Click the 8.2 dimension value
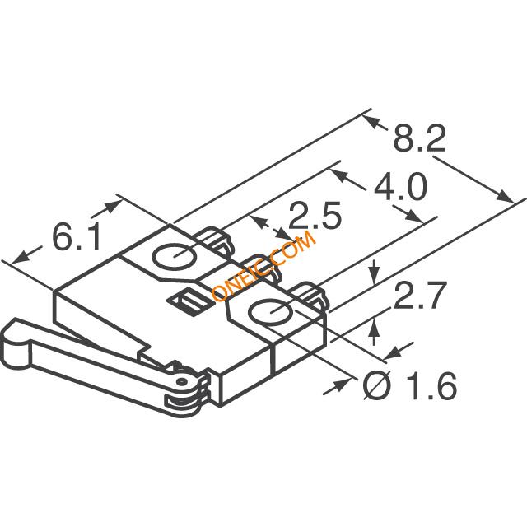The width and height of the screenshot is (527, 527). [x=419, y=138]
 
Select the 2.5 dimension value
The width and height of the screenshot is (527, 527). [x=315, y=216]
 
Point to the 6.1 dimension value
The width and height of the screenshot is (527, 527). [x=77, y=237]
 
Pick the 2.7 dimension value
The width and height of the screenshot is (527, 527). [x=421, y=296]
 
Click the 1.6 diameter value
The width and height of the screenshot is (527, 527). [x=431, y=386]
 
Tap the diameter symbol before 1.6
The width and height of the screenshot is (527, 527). [x=377, y=385]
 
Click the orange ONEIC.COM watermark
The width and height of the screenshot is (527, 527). [x=264, y=265]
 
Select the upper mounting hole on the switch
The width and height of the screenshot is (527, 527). [x=175, y=256]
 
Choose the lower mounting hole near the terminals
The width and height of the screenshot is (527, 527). [x=271, y=312]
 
